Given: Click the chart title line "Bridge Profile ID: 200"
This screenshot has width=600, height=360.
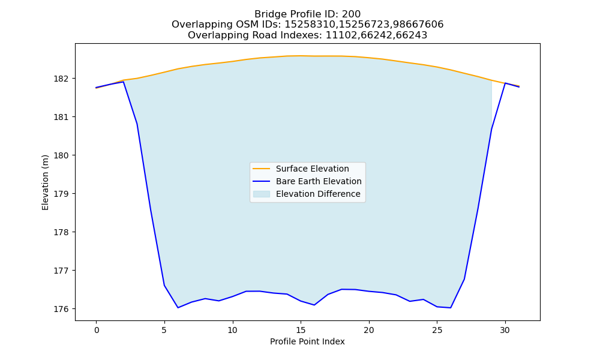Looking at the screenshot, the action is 307,14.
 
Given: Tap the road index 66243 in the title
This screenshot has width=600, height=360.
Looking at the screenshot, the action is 413,35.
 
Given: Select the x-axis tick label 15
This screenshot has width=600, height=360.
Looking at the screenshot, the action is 301,330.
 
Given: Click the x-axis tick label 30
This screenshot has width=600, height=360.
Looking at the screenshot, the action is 505,330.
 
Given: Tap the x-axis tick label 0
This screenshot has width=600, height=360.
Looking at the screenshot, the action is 97,330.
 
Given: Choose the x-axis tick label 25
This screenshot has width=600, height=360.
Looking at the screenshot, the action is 437,330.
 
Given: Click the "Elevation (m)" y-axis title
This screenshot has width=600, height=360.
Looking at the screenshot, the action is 45,182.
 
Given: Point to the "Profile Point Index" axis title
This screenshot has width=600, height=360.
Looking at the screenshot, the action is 307,341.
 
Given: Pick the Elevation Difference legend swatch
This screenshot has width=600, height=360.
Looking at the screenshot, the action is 262,194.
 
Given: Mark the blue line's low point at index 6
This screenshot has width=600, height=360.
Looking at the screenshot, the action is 178,308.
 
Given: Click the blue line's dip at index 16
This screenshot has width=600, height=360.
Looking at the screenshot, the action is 314,305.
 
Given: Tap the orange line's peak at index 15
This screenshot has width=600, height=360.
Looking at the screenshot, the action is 301,56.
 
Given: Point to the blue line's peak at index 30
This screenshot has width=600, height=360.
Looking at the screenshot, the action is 505,83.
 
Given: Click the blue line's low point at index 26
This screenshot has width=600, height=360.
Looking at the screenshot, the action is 451,308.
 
